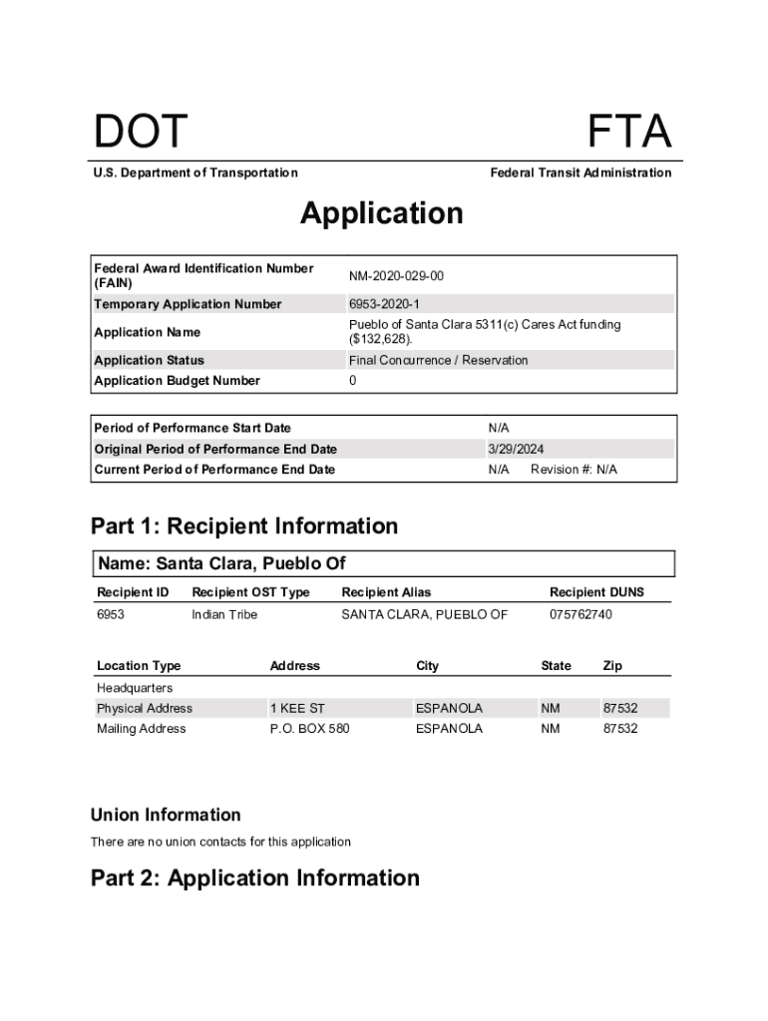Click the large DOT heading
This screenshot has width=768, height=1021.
141,134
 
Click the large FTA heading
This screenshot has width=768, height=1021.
628,134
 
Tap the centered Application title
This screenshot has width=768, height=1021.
382,213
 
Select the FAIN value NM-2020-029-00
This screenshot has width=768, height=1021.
396,275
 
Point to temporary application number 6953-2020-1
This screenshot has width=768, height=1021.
384,304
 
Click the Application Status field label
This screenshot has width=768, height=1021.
149,360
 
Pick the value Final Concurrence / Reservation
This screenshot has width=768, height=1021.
438,360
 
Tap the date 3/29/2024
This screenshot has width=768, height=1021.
516,449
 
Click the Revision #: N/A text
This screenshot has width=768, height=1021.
574,470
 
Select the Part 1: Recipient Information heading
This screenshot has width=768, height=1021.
244,526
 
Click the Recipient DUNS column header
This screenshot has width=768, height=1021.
596,592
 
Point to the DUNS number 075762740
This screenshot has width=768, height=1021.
580,614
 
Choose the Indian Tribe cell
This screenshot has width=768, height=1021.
224,614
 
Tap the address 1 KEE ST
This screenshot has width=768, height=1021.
297,708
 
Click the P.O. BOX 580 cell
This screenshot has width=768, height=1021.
309,729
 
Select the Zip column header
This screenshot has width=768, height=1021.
613,666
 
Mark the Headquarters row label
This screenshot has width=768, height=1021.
135,688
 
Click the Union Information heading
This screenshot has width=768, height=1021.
166,815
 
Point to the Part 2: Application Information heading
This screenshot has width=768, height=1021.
255,878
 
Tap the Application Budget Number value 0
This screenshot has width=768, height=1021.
353,381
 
